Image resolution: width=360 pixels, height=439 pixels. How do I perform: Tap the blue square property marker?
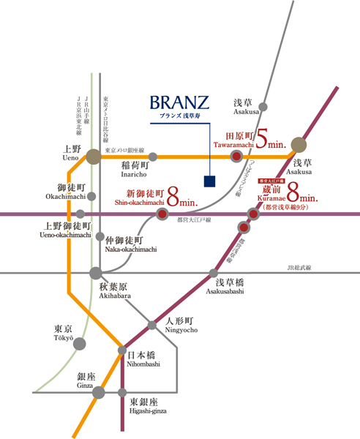point(209,180)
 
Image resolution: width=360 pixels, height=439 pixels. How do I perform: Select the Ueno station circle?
point(93,156)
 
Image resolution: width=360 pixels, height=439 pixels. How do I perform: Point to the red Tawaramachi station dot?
point(236,157)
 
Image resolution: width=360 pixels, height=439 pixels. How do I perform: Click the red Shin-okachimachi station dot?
point(162,214)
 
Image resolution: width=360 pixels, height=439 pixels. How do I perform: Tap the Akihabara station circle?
point(96,273)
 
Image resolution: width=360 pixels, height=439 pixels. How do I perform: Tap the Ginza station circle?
point(97,393)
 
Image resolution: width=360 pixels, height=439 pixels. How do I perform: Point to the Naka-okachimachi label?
point(130,244)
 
